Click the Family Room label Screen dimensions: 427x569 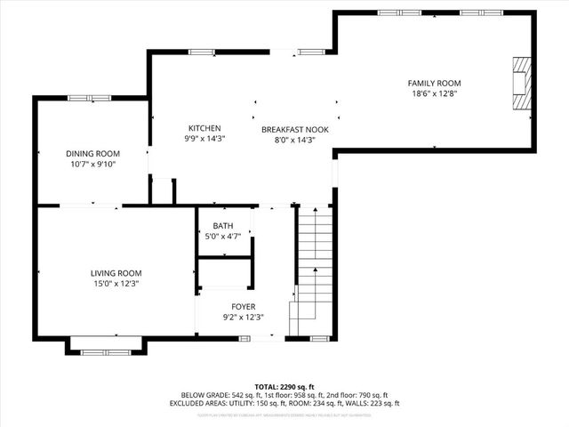tap(436, 83)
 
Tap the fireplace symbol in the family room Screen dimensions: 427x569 tap(521, 84)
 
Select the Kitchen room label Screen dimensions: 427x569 tap(204, 128)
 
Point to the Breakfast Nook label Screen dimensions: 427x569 tap(294, 129)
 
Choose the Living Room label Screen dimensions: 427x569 tap(116, 273)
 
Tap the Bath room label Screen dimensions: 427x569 tap(222, 226)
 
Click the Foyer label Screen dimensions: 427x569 tap(243, 306)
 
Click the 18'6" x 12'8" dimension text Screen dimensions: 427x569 tap(436, 93)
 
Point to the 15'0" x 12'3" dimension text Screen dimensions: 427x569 tap(116, 284)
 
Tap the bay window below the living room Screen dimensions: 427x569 tap(105, 351)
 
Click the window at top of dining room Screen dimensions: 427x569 tap(92, 97)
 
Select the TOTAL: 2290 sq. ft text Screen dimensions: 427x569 tap(284, 386)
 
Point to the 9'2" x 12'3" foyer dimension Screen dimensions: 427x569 tap(243, 317)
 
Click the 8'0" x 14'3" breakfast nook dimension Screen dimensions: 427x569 tap(294, 140)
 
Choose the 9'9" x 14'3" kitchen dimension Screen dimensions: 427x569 tap(204, 139)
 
